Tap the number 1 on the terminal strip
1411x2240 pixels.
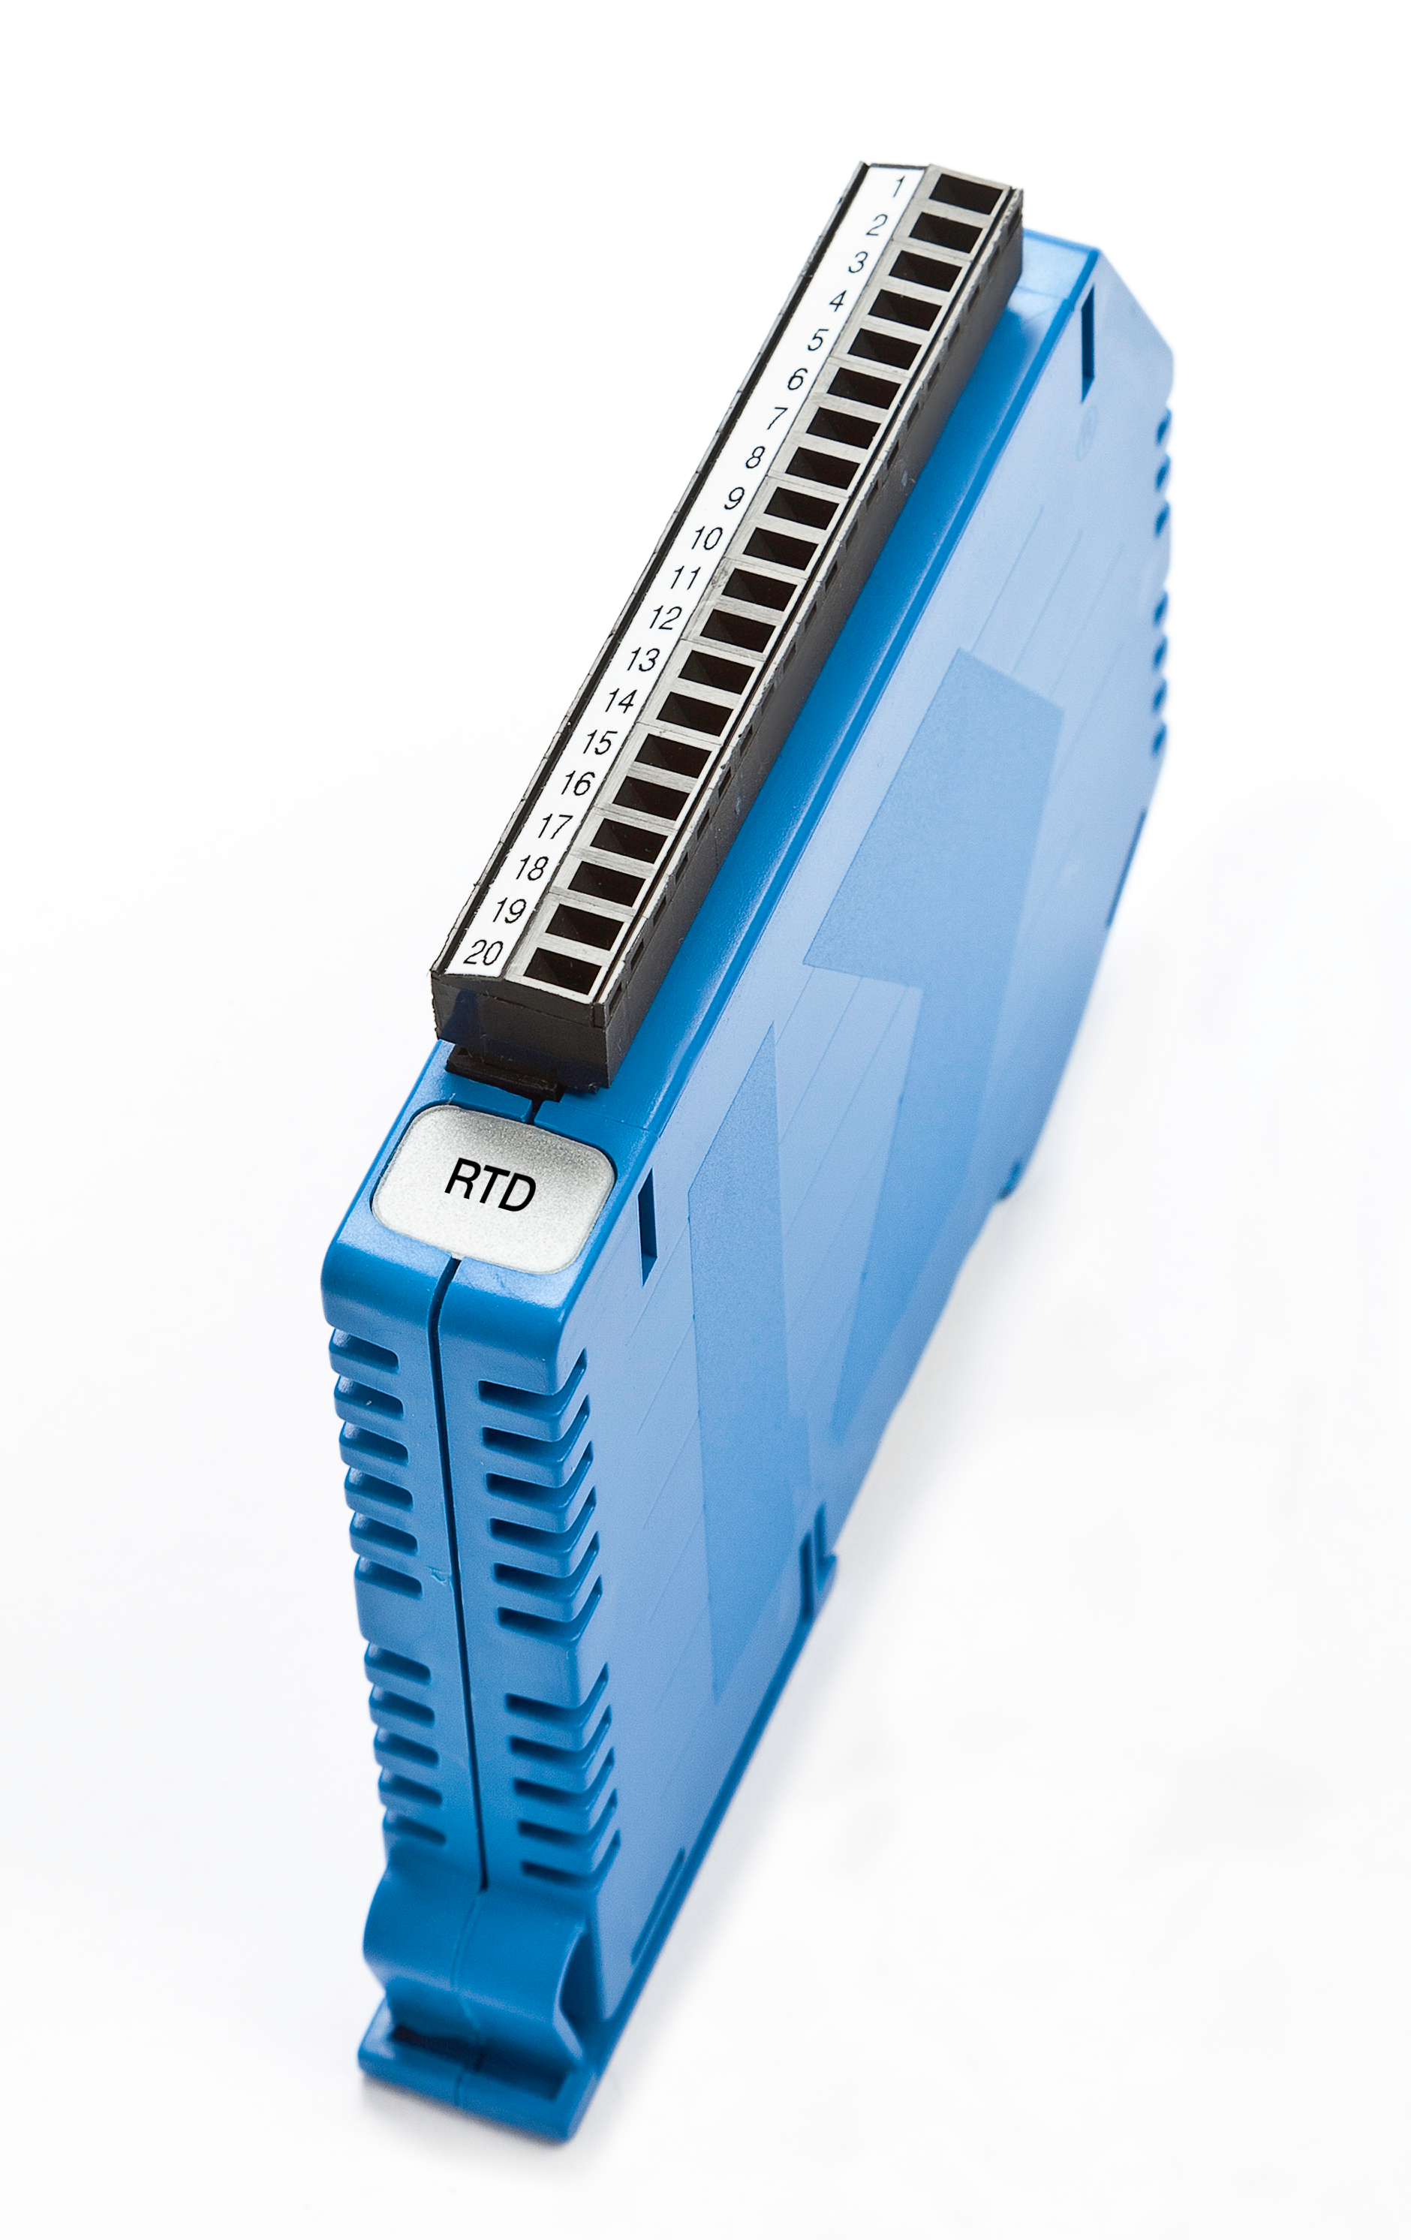pyautogui.click(x=898, y=186)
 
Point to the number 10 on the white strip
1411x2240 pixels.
pyautogui.click(x=707, y=537)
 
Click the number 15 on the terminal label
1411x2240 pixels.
pyautogui.click(x=598, y=742)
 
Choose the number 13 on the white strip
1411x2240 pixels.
pyautogui.click(x=642, y=660)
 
